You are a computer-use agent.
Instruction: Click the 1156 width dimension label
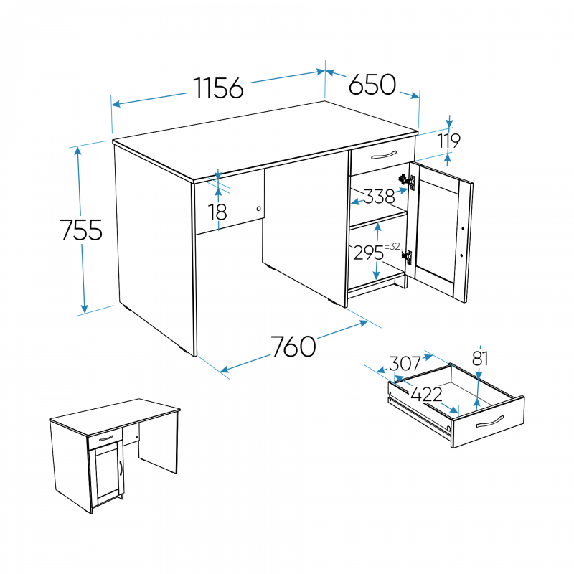click(218, 88)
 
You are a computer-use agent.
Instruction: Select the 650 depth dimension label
click(372, 85)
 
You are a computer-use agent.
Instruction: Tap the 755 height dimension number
click(81, 230)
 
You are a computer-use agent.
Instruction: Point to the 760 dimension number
click(293, 347)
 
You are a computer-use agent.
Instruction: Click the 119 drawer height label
click(449, 141)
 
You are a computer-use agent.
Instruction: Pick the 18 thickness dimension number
click(217, 212)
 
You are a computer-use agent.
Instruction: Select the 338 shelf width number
click(380, 197)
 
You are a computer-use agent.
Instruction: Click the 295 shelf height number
click(369, 253)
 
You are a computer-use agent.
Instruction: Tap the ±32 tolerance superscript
click(392, 246)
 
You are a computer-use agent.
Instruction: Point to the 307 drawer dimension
click(405, 364)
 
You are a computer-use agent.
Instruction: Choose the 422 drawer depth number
click(426, 395)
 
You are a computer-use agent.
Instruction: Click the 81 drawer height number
click(480, 359)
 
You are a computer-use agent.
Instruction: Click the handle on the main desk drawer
click(384, 155)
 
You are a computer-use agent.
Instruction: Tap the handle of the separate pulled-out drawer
click(490, 421)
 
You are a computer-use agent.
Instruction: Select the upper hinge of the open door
click(407, 181)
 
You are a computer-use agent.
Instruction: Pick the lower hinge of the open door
click(407, 257)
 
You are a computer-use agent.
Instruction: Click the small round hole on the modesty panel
click(259, 209)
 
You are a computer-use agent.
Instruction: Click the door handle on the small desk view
click(121, 468)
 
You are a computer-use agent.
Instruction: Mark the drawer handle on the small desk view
click(106, 438)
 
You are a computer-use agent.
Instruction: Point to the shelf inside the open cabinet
click(378, 218)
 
